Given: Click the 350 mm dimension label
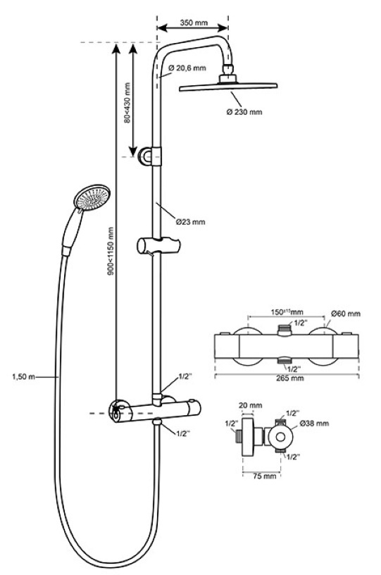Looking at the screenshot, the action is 194,23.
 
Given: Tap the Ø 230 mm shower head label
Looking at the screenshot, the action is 244,112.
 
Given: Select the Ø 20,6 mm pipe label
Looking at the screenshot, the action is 187,68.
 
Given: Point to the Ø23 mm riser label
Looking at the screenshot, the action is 190,222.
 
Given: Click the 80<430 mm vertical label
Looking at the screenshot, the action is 127,103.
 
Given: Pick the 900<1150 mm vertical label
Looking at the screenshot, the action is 111,251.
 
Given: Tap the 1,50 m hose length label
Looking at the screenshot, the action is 23,376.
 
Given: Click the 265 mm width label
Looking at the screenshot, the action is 290,378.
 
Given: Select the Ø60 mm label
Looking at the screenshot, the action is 346,314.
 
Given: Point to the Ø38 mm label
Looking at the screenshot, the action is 314,423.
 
